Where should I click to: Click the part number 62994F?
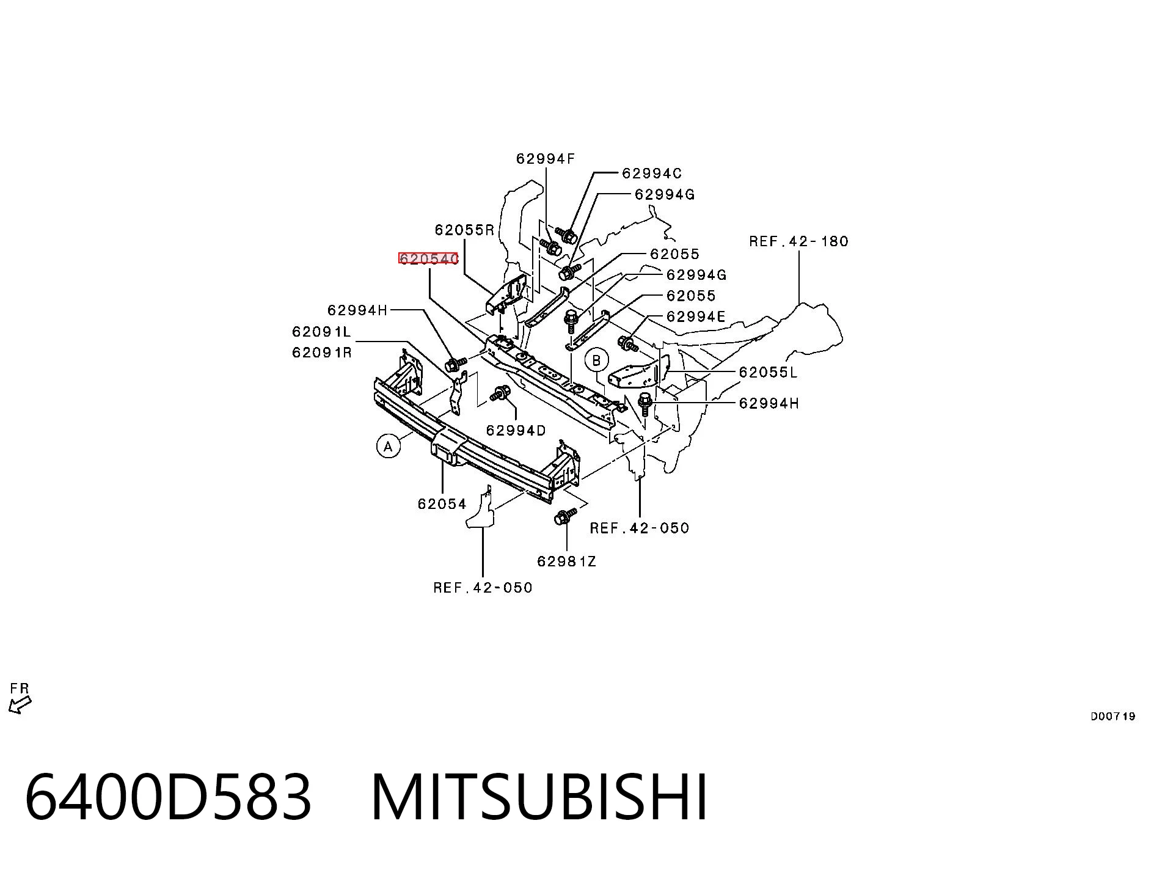click(545, 159)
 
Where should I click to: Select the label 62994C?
click(652, 174)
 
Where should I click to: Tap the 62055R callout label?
click(464, 230)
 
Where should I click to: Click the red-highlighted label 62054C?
click(428, 259)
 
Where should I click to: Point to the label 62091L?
click(321, 332)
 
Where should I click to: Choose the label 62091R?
click(322, 353)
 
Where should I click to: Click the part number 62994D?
click(516, 431)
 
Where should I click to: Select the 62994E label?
click(696, 316)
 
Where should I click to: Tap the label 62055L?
click(768, 372)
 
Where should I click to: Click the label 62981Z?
click(566, 561)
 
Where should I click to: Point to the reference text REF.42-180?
click(798, 241)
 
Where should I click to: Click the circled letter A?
click(389, 446)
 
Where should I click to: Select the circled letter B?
click(597, 360)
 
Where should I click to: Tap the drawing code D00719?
click(1112, 716)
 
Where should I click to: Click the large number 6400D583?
click(169, 796)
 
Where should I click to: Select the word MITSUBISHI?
click(539, 796)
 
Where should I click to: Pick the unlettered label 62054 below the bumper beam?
click(442, 504)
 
